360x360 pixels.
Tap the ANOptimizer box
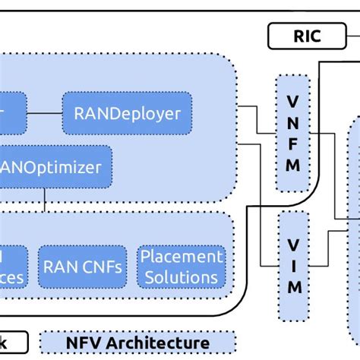coord(56,165)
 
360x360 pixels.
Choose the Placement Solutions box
coord(182,266)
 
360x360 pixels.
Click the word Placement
coord(182,256)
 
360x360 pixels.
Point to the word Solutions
coord(182,276)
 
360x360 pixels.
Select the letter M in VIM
coord(294,286)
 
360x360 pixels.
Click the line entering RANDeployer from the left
coord(44,113)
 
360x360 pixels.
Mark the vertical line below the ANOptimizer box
coord(46,198)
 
